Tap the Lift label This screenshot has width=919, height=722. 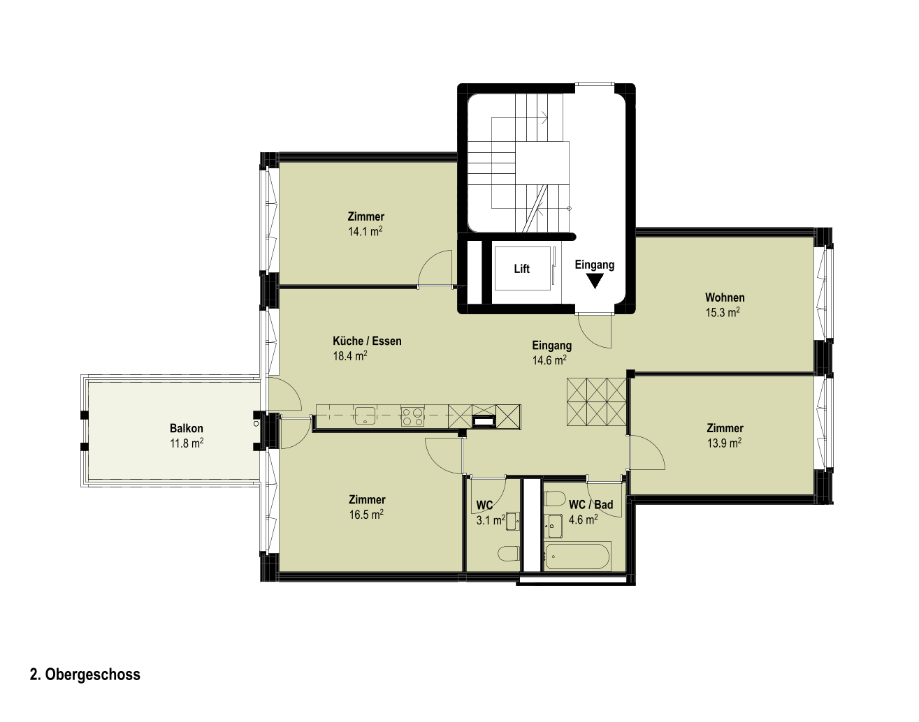pos(521,269)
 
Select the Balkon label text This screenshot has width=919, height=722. pos(186,428)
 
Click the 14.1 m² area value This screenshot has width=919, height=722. pos(365,231)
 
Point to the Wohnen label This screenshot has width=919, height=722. pos(725,297)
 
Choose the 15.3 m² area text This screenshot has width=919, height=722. pos(723,312)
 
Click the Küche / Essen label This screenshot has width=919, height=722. pos(368,341)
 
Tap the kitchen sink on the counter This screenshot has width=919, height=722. pos(365,415)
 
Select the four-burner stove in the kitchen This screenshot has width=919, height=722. pos(412,415)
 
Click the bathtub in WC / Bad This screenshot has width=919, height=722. pos(577,556)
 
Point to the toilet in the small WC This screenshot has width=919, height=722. pos(508,554)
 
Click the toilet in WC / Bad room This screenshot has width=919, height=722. pos(555,499)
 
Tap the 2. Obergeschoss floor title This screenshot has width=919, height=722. pos(85,675)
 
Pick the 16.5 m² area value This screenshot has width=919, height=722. pos(366,514)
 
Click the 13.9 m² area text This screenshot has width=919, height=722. pos(724,443)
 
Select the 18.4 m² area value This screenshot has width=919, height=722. pos(350,355)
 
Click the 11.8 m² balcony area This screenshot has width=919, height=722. pos(187,443)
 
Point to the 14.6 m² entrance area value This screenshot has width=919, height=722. pos(549,360)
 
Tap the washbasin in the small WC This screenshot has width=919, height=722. pos(512,522)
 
